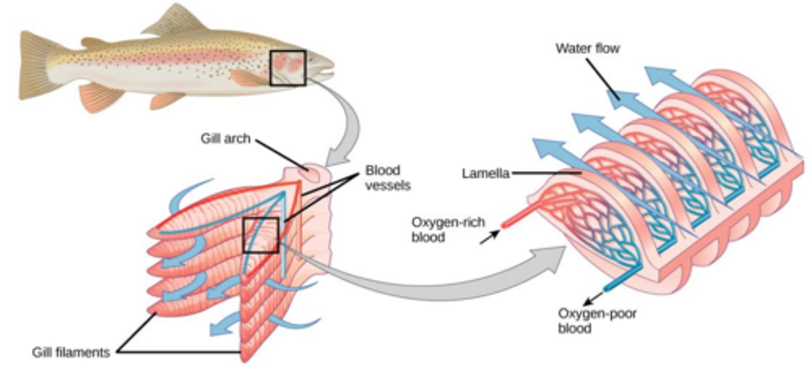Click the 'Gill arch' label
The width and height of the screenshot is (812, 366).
[x=225, y=139]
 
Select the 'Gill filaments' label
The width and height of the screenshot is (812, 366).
[x=70, y=353]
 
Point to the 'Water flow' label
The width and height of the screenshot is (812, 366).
[x=587, y=48]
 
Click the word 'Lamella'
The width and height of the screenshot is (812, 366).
[x=485, y=174]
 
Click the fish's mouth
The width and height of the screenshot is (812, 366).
[x=328, y=71]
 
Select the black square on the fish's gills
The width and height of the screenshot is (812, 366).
[x=288, y=68]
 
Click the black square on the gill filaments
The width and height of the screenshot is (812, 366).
[x=261, y=235]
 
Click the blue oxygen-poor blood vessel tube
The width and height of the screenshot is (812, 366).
[x=620, y=278]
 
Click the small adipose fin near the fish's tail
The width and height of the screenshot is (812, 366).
[x=94, y=42]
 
